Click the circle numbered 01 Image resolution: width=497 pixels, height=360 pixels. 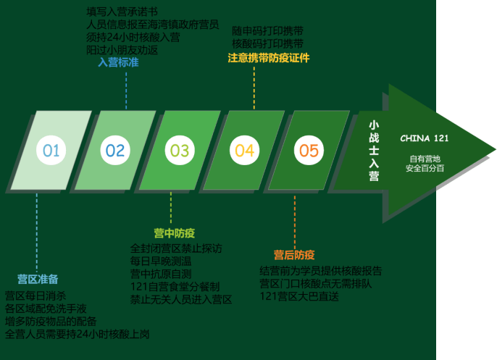[x=51, y=151]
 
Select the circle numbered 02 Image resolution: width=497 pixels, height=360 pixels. [x=115, y=151]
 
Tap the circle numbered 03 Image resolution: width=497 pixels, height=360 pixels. [x=180, y=151]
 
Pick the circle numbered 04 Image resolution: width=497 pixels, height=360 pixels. [x=244, y=151]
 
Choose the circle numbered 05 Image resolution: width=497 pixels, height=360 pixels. [x=309, y=151]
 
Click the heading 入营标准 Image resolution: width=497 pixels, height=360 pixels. [x=118, y=63]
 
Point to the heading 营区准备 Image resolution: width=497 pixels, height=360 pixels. [x=38, y=279]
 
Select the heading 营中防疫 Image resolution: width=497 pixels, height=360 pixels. [x=174, y=233]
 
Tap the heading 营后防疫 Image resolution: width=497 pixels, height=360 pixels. [x=294, y=255]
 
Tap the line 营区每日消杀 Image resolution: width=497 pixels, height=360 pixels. [x=35, y=296]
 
